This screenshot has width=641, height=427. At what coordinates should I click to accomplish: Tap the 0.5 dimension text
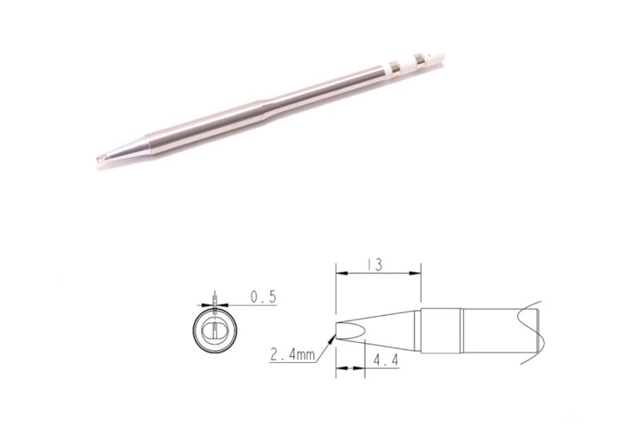click(263, 297)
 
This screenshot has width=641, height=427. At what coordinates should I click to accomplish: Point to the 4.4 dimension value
click(385, 362)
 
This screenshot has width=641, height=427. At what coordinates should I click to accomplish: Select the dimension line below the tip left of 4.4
click(349, 369)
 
